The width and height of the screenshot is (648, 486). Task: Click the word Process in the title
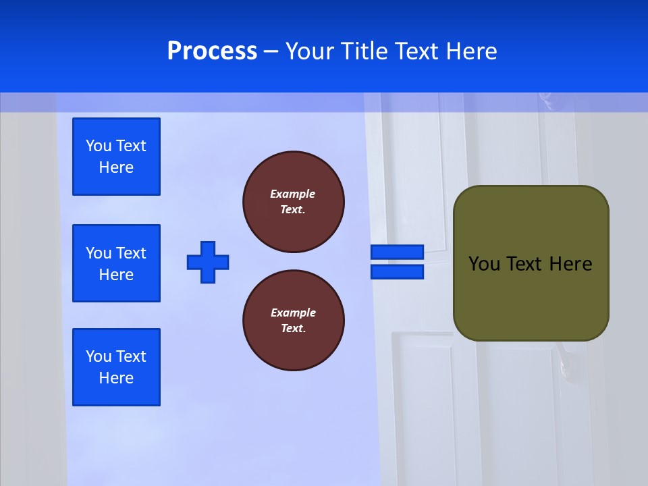pos(212,51)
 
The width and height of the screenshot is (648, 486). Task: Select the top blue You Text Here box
pos(116,157)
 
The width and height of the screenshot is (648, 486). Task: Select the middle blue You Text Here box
pos(116,263)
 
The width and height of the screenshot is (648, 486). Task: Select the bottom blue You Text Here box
pos(116,367)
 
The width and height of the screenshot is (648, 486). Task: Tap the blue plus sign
pos(208,262)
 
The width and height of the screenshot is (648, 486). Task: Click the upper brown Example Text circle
pos(293,202)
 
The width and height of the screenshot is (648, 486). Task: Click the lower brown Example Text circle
pos(293,321)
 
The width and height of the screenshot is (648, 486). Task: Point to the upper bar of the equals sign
pos(397,252)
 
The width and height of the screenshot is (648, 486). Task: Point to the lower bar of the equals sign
pos(397,272)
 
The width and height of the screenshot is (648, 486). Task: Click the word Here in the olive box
pos(570,264)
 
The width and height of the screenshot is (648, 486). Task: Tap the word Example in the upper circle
pos(292,194)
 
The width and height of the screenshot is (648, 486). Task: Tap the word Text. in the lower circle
pos(293,329)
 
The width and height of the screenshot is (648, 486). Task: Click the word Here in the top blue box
pos(116,167)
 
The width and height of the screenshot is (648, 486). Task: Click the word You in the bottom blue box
pos(98,356)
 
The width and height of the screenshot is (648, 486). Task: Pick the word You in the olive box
pos(483,264)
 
